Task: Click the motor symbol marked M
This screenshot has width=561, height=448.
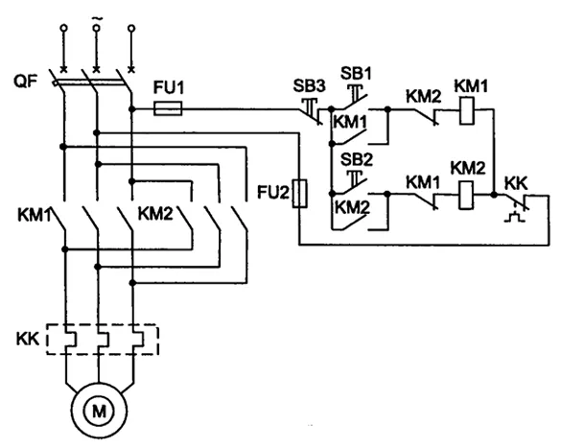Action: (99, 411)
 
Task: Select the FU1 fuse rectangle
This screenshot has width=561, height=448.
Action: (168, 108)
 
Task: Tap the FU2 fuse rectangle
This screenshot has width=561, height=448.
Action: (299, 194)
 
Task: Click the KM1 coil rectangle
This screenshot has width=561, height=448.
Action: (467, 110)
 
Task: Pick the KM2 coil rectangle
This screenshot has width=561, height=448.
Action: (465, 195)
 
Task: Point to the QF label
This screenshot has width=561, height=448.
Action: (25, 82)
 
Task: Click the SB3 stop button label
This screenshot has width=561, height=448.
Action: (310, 86)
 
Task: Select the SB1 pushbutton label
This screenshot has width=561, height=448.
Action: (356, 73)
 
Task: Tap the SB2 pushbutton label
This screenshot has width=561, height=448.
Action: (357, 159)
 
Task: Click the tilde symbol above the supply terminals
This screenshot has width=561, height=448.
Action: (96, 18)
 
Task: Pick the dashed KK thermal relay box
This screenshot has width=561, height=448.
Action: (103, 340)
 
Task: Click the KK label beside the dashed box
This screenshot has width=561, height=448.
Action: (28, 339)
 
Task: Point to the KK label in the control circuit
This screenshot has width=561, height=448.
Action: (516, 183)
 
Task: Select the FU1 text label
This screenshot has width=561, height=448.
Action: (169, 87)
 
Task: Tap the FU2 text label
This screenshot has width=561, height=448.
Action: (273, 193)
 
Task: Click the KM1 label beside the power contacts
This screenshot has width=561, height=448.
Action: (35, 215)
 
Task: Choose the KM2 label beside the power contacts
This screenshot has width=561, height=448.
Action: (155, 214)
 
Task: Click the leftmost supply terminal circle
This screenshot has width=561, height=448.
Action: (64, 28)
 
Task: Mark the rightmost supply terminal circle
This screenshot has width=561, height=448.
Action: (131, 28)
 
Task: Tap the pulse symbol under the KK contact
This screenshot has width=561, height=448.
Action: (515, 217)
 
